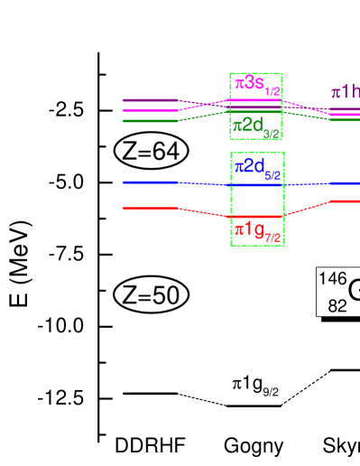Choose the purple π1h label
pos(346,92)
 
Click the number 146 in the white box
pos(333,279)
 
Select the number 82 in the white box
pos(337,306)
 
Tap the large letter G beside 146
pos(354,291)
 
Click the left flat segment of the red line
pos(150,209)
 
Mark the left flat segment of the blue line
pos(150,182)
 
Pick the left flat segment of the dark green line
pos(150,120)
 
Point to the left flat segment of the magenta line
pos(150,110)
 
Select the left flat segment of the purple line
pos(148,100)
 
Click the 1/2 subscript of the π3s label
pos(272,91)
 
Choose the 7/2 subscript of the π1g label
pos(272,238)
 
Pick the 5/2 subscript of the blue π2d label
pos(272,174)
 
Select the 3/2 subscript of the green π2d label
pos(271,134)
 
